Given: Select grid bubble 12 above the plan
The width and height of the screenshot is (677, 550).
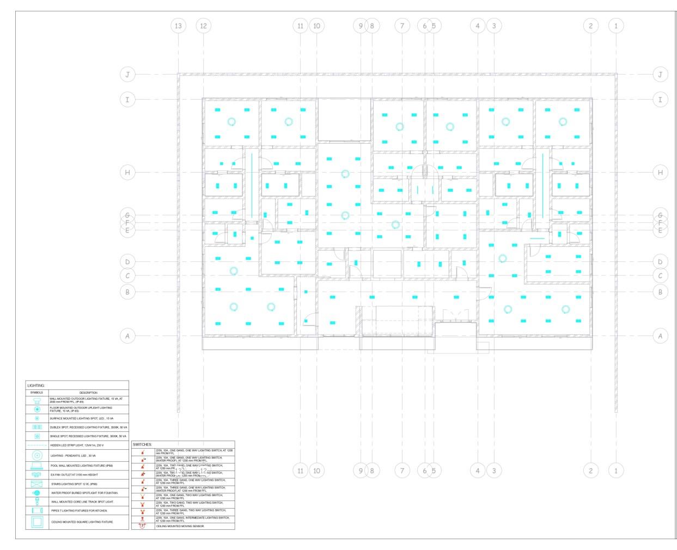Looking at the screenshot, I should (203, 26).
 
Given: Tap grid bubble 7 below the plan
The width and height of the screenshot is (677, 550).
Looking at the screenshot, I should (402, 470).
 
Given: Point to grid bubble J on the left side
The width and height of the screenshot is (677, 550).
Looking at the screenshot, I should (127, 75).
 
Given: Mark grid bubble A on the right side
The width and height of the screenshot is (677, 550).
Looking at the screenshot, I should (660, 336).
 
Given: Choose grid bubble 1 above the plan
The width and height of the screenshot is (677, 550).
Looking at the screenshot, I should (616, 26).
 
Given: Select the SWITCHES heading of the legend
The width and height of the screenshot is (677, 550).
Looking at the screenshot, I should (143, 445).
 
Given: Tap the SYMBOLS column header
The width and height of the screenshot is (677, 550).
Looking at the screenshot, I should (36, 393).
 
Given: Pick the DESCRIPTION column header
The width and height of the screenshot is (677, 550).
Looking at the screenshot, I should (88, 393).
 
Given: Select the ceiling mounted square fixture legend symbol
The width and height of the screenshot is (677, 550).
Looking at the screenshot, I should (37, 522).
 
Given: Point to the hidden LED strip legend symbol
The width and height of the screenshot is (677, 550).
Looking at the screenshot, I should (37, 445).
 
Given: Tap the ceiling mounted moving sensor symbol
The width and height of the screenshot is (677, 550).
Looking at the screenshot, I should (143, 526).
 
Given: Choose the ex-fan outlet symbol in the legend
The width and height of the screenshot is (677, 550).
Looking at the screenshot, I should (37, 474).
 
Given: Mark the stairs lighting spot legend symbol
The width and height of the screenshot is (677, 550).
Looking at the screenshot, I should (37, 484).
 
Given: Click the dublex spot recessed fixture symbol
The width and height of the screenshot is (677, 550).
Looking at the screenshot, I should (37, 427).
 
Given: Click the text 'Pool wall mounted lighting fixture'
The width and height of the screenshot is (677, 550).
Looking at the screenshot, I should (82, 466).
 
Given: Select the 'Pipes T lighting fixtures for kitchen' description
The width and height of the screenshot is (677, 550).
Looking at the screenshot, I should (80, 511).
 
